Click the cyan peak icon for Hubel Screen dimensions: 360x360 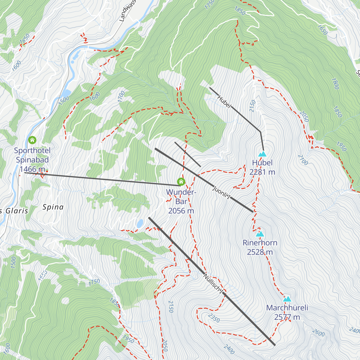(262, 154)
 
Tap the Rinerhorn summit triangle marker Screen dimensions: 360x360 (260, 234)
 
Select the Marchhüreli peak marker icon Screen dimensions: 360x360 (287, 299)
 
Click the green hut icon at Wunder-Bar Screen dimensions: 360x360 (181, 181)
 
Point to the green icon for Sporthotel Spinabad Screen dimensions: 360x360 (32, 140)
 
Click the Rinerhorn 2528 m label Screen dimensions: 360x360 (260, 247)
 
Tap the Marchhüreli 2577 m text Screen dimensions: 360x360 (287, 312)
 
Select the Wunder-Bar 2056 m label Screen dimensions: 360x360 (181, 201)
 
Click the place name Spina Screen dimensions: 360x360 (53, 207)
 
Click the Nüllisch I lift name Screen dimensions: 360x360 (214, 283)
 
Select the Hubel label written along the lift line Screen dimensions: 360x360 (224, 102)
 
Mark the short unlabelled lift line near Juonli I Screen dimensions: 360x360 (187, 154)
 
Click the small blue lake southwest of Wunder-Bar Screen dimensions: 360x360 (140, 223)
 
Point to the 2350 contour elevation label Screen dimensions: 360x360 (214, 318)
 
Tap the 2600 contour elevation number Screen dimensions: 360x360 (318, 333)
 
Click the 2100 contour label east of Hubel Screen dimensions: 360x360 (303, 160)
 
